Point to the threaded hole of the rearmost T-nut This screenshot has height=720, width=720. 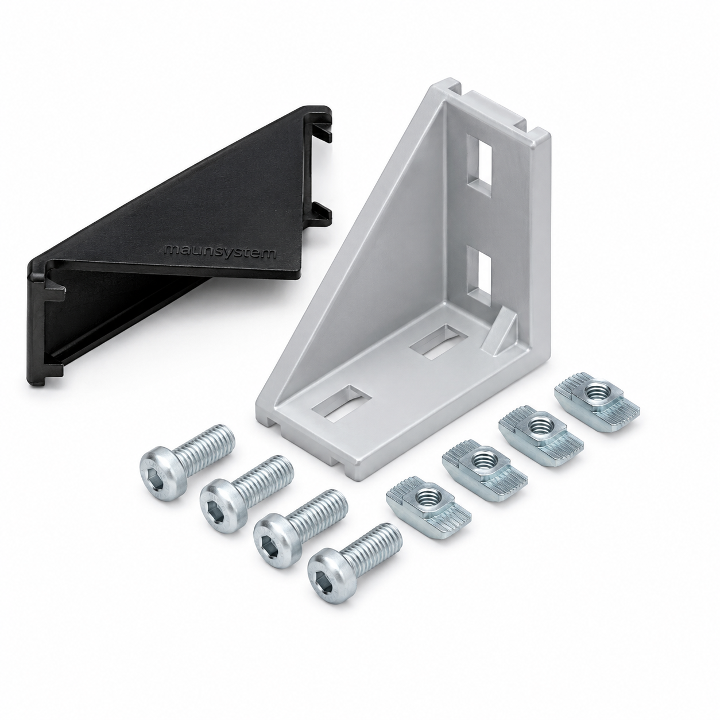596,393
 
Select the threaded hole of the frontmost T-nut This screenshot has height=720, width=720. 427,497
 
